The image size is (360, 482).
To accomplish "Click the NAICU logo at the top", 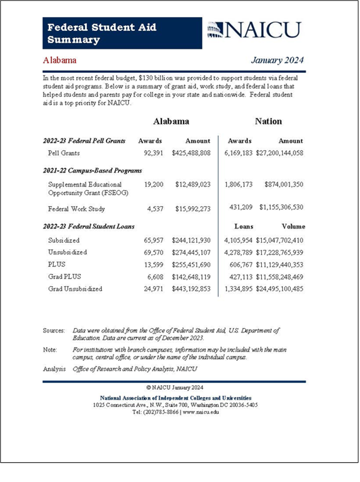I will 254,30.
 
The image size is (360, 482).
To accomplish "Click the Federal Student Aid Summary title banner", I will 122,33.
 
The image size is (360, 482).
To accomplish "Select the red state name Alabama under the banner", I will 60,60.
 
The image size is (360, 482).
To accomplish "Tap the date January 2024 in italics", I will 277,60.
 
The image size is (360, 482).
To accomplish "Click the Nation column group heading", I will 268,121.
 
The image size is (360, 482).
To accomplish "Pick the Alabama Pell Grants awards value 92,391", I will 154,153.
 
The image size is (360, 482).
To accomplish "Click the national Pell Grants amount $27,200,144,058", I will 280,153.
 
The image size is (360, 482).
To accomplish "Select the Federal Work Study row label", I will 76,209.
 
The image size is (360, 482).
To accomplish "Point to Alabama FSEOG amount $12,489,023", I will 193,184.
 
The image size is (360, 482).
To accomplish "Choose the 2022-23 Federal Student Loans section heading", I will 89,226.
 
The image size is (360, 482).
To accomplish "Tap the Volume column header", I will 293,226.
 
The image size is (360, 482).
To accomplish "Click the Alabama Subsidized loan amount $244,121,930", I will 191,240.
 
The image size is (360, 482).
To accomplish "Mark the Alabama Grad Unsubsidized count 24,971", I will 154,289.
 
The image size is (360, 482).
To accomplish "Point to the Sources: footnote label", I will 54,331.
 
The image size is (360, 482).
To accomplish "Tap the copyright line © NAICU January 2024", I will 175,388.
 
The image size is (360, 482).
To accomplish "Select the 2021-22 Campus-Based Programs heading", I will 92,170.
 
